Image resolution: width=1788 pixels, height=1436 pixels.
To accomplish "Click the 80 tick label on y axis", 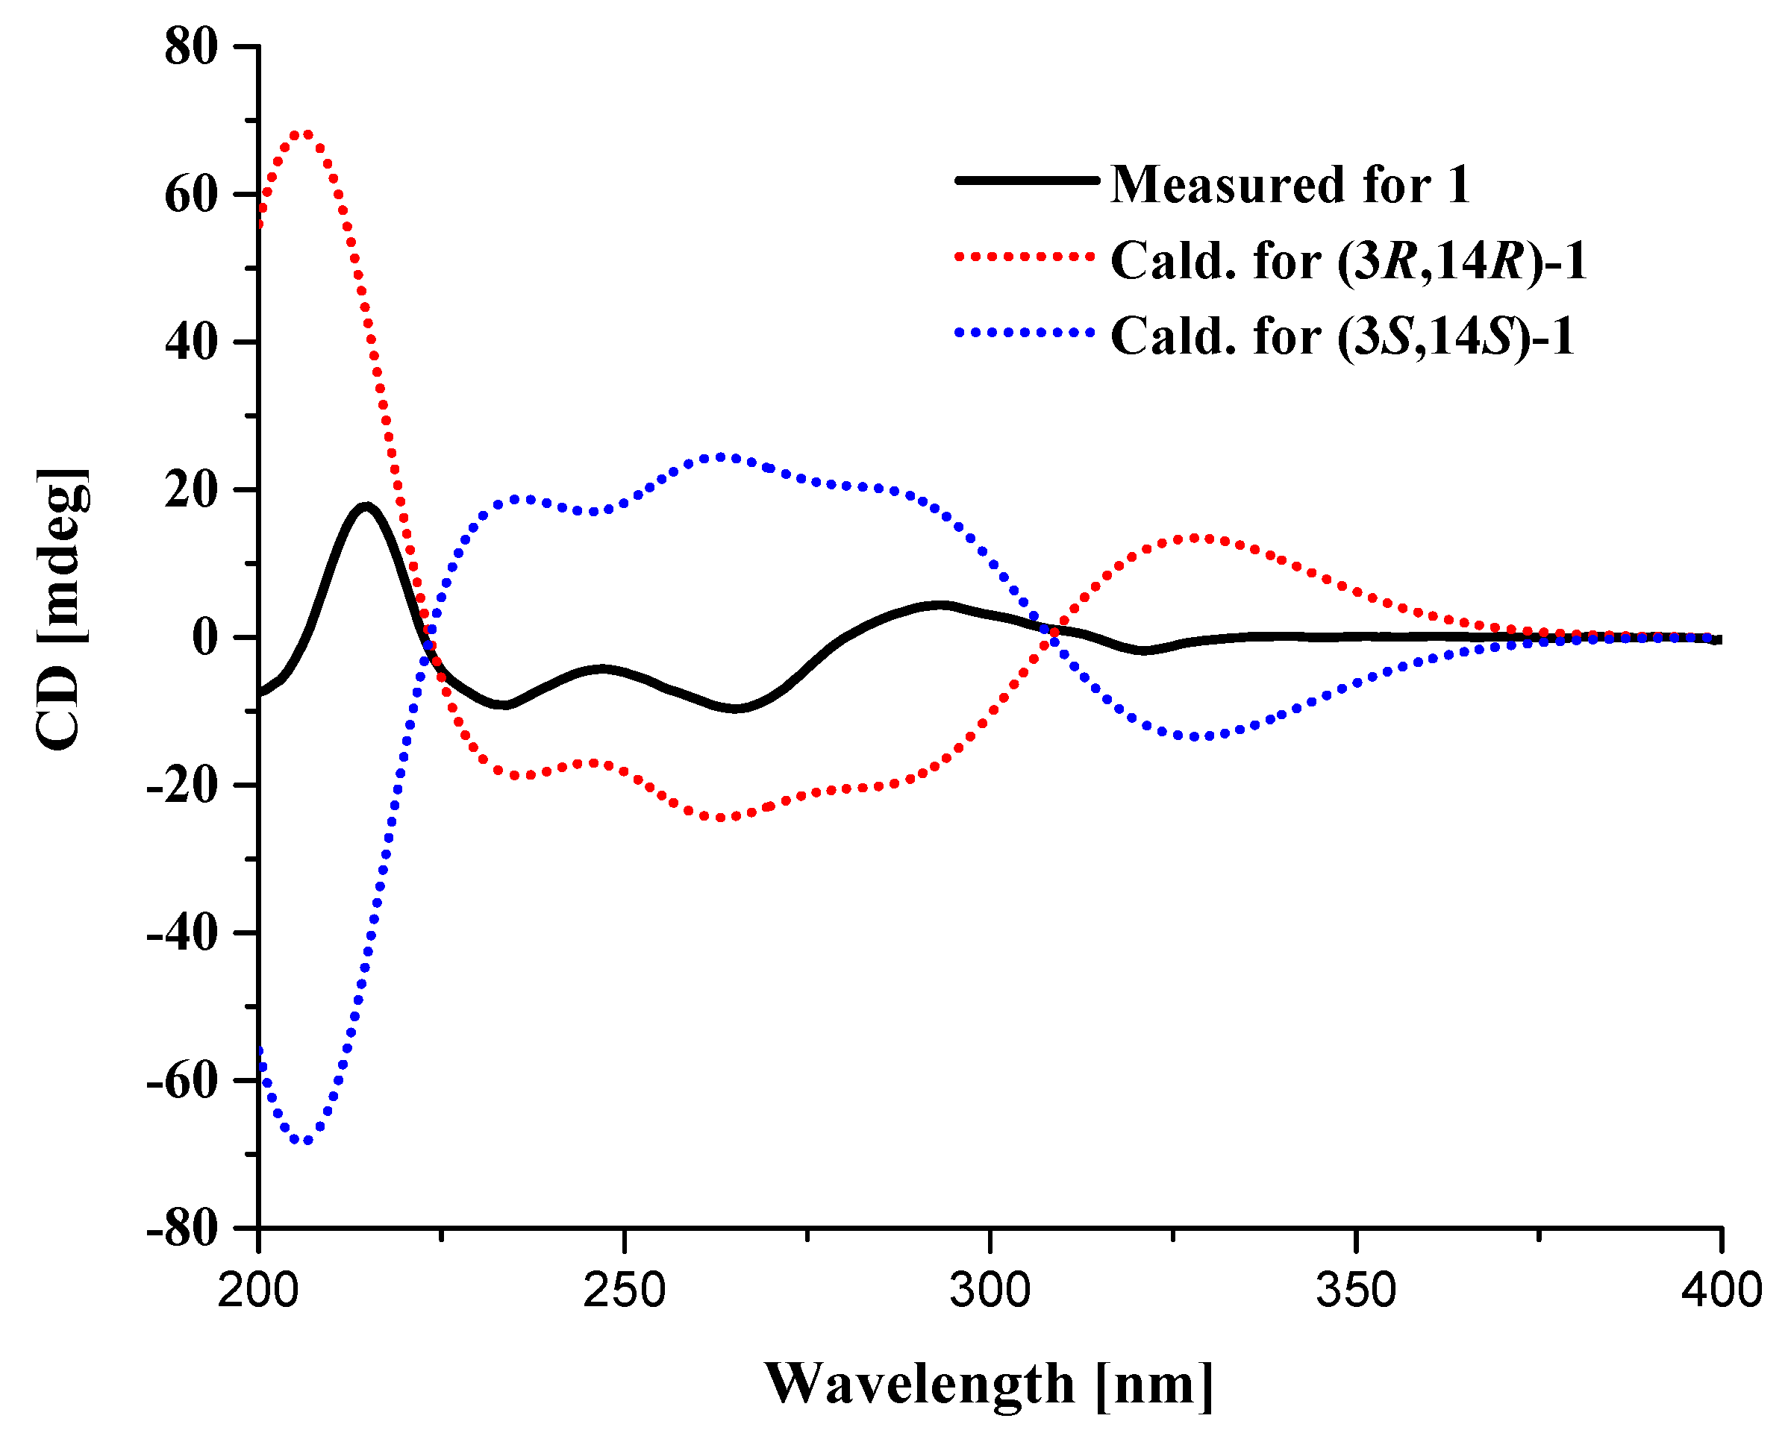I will pos(191,47).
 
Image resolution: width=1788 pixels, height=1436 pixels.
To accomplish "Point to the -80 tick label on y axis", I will pos(182,1229).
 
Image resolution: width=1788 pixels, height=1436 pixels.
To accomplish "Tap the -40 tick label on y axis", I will pos(182,933).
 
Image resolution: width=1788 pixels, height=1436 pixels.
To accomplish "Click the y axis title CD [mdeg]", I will pos(62,609).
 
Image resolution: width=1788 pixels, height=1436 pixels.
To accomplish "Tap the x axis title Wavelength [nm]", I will pos(989,1385).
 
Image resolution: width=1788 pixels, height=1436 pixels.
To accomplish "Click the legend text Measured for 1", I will pos(1290,184).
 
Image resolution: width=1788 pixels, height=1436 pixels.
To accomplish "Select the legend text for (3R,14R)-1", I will pos(1348,261).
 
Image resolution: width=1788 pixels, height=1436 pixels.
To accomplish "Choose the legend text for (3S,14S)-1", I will pos(1342,336).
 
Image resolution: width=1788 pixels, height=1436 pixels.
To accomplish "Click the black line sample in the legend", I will pos(1027,180).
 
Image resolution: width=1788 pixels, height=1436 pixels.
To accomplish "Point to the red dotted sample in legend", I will pos(1027,256).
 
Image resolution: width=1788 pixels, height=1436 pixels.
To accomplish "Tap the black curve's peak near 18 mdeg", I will pos(366,506).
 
